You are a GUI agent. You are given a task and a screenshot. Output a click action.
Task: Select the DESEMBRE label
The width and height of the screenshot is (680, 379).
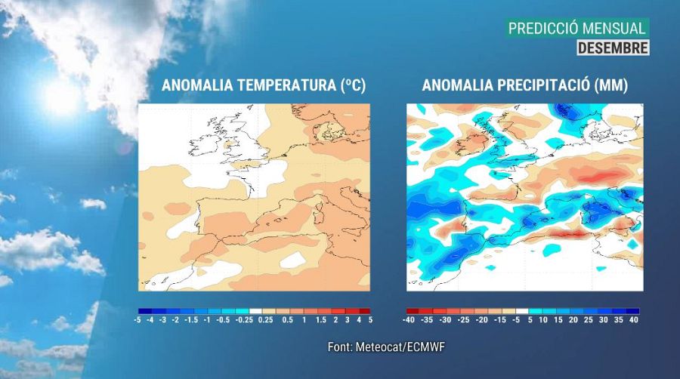point(613,48)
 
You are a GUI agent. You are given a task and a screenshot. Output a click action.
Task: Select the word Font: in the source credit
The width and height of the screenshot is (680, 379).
point(340,347)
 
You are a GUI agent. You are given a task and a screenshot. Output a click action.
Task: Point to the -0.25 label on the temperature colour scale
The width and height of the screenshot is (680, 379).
point(241,320)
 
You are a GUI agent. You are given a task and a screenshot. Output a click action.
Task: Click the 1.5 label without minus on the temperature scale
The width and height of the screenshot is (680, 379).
point(320,320)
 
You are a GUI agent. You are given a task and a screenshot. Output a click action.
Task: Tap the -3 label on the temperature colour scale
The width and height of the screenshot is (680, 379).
point(162,320)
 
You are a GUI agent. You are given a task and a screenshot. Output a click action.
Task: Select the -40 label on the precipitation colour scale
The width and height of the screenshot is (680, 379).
point(408,320)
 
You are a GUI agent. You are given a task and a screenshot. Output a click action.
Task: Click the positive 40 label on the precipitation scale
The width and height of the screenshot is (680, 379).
point(634,320)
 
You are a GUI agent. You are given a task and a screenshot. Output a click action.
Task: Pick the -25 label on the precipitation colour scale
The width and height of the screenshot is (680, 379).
point(464,320)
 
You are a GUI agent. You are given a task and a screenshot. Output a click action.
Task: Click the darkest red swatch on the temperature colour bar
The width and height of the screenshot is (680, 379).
point(364,311)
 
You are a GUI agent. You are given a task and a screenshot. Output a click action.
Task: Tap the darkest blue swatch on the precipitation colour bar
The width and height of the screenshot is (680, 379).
point(632,311)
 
